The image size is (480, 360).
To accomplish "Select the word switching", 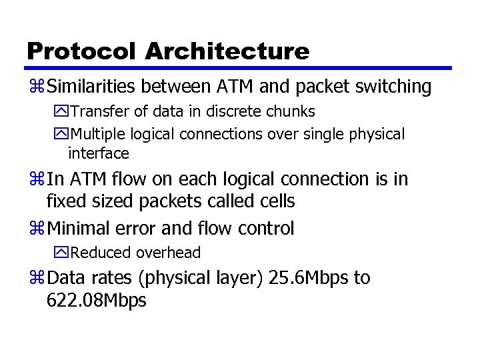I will coord(393,87).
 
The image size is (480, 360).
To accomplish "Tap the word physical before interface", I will coord(377,135).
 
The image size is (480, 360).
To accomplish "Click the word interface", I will coord(98,153).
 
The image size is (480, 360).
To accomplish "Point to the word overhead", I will coord(168,253).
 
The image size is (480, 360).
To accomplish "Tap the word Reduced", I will coord(101,253).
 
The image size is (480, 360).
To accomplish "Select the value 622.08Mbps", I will coord(96,301).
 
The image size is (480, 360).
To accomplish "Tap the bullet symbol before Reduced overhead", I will coord(61,253).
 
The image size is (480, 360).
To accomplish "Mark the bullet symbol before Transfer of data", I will coord(61,111).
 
